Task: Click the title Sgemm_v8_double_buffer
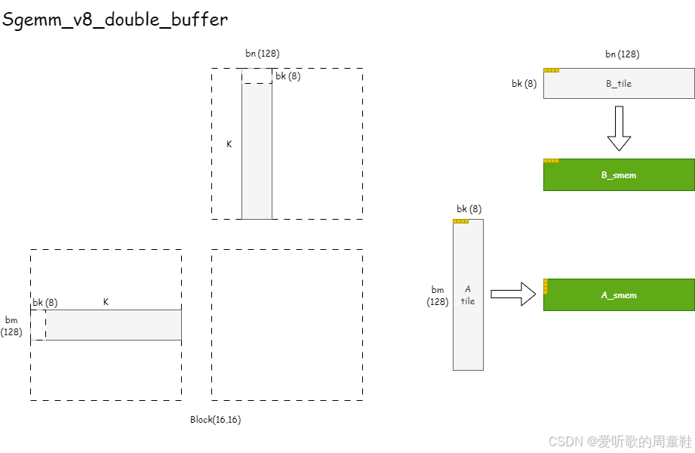point(115,20)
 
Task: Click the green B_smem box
point(618,174)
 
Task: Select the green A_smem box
point(618,295)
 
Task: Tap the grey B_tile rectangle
point(618,84)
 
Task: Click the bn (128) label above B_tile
point(622,54)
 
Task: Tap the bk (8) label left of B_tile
point(524,84)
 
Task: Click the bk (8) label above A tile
point(469,209)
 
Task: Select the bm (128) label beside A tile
point(438,295)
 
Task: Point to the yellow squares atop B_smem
point(551,161)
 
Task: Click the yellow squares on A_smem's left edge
point(546,286)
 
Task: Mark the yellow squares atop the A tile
point(461,221)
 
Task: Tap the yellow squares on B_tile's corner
point(551,70)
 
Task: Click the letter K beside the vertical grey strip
point(229,143)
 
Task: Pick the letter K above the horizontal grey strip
point(106,302)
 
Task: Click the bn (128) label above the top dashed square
point(263,54)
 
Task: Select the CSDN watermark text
point(620,441)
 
